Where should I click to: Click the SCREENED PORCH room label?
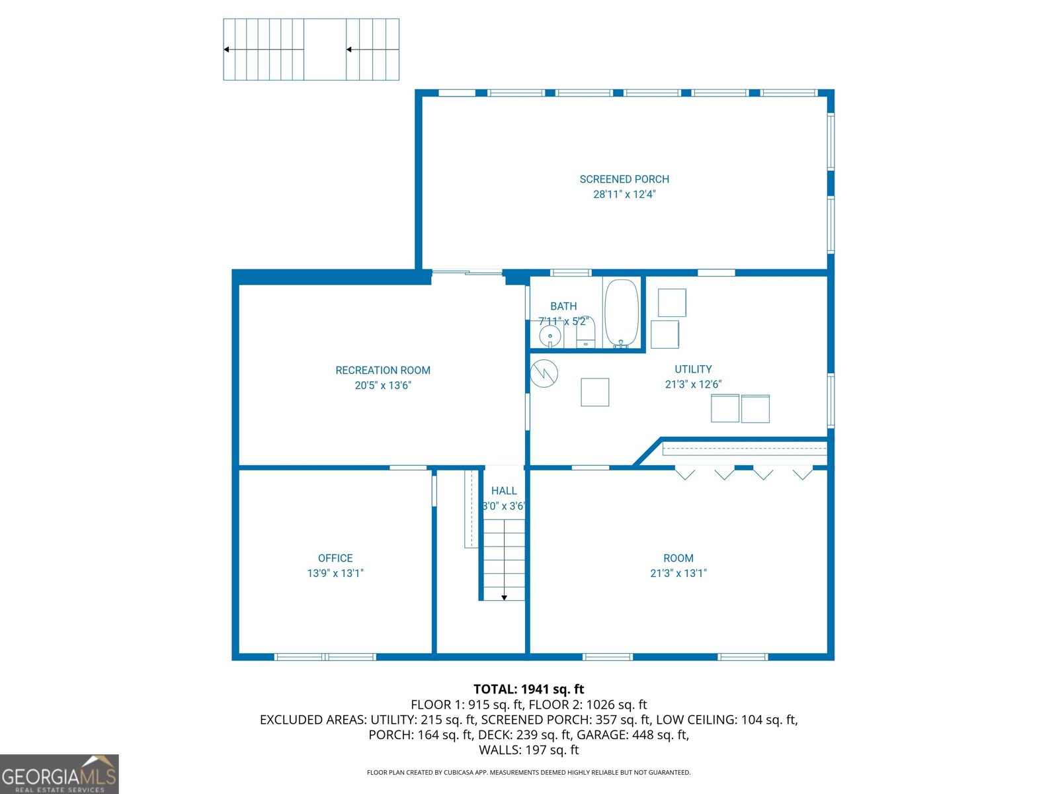point(624,179)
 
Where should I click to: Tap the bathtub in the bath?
point(622,312)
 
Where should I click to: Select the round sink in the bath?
point(549,337)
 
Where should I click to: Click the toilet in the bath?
point(586,334)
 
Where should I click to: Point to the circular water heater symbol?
point(544,373)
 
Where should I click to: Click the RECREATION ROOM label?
point(383,371)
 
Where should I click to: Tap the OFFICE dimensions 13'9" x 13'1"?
point(335,573)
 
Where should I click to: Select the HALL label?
point(504,491)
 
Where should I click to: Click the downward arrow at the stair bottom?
point(504,597)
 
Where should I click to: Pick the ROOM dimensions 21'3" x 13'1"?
point(678,573)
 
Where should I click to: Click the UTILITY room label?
point(693,369)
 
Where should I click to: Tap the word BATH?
point(563,306)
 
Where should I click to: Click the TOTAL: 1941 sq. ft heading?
point(528,689)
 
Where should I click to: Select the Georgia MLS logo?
point(60,774)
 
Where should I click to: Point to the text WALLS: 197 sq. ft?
point(528,750)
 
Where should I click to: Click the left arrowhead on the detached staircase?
point(227,50)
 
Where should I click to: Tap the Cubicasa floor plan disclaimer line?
point(528,772)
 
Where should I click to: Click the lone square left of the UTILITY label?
point(594,392)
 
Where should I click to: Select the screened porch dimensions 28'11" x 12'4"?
point(624,195)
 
